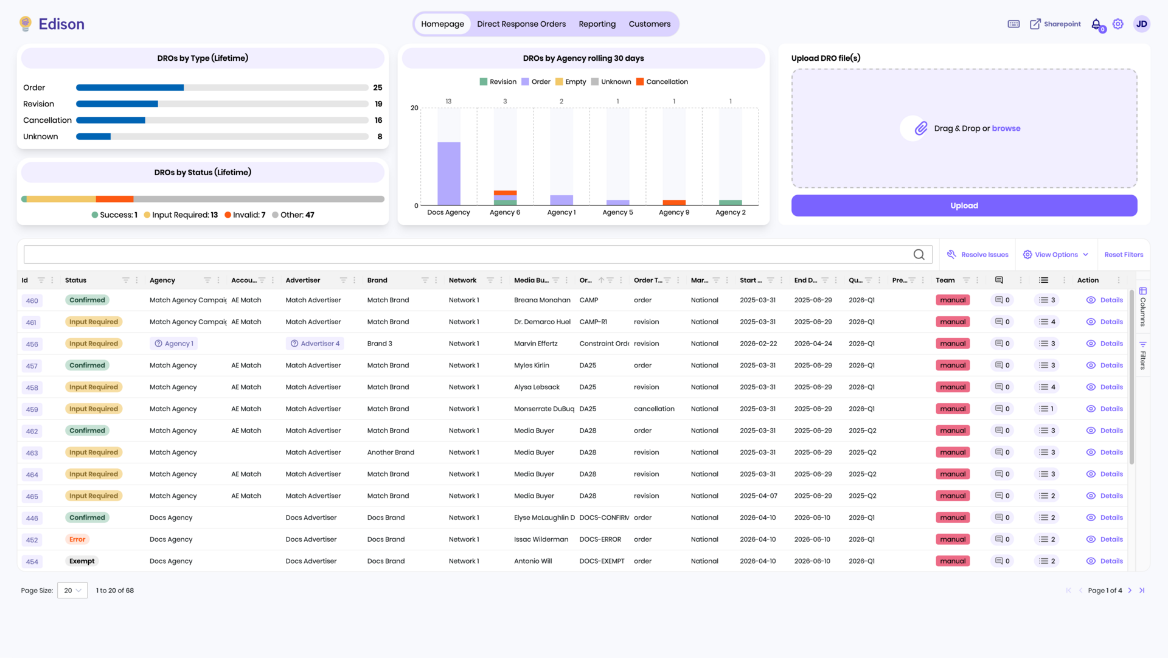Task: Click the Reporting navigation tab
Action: [x=597, y=24]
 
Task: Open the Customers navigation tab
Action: [x=649, y=24]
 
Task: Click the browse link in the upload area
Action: [x=1006, y=128]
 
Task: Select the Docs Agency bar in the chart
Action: [x=449, y=173]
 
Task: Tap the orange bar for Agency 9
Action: [x=674, y=203]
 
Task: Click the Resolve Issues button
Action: [x=978, y=255]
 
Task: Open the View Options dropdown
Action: [x=1055, y=255]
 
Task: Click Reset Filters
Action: [x=1124, y=255]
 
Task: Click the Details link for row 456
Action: [x=1111, y=344]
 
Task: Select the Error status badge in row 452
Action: [x=77, y=539]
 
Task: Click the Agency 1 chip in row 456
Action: [x=174, y=344]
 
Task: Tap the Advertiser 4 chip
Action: [x=315, y=344]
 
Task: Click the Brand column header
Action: [x=377, y=280]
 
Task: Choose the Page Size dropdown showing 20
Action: [x=72, y=590]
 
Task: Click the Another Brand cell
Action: [x=391, y=452]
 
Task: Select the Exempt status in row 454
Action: [x=82, y=561]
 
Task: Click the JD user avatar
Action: [x=1141, y=24]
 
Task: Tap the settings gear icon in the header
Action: [x=1118, y=24]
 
